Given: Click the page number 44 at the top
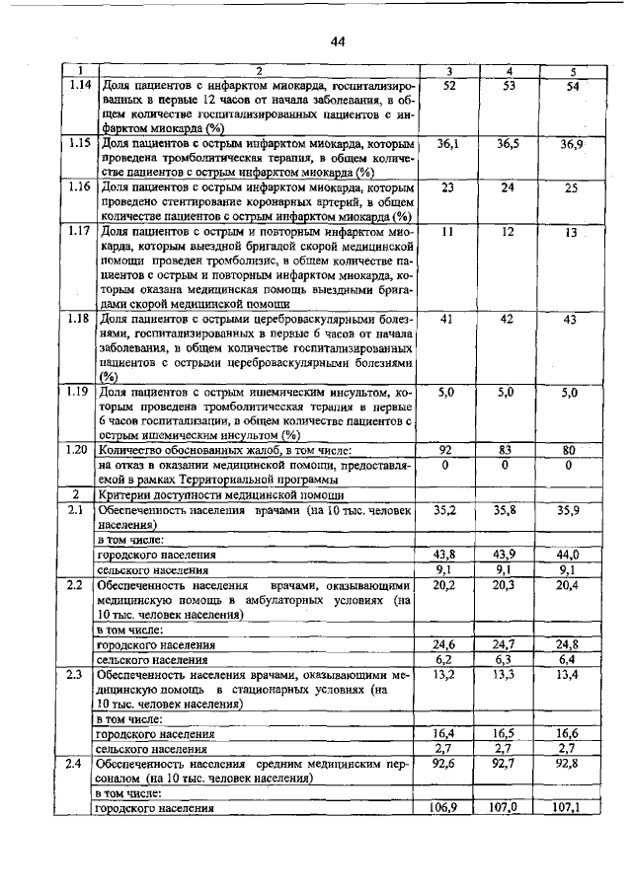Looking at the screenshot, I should point(338,41).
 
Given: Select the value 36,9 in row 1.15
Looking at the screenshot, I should point(573,145).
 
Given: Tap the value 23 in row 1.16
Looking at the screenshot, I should point(446,187).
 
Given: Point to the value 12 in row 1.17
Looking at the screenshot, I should point(508,231).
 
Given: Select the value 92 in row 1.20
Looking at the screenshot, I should point(445,450).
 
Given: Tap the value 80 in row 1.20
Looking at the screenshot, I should point(569,450).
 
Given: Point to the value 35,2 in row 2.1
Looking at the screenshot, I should point(445,510).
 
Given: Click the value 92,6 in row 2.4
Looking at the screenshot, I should point(445,763).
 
